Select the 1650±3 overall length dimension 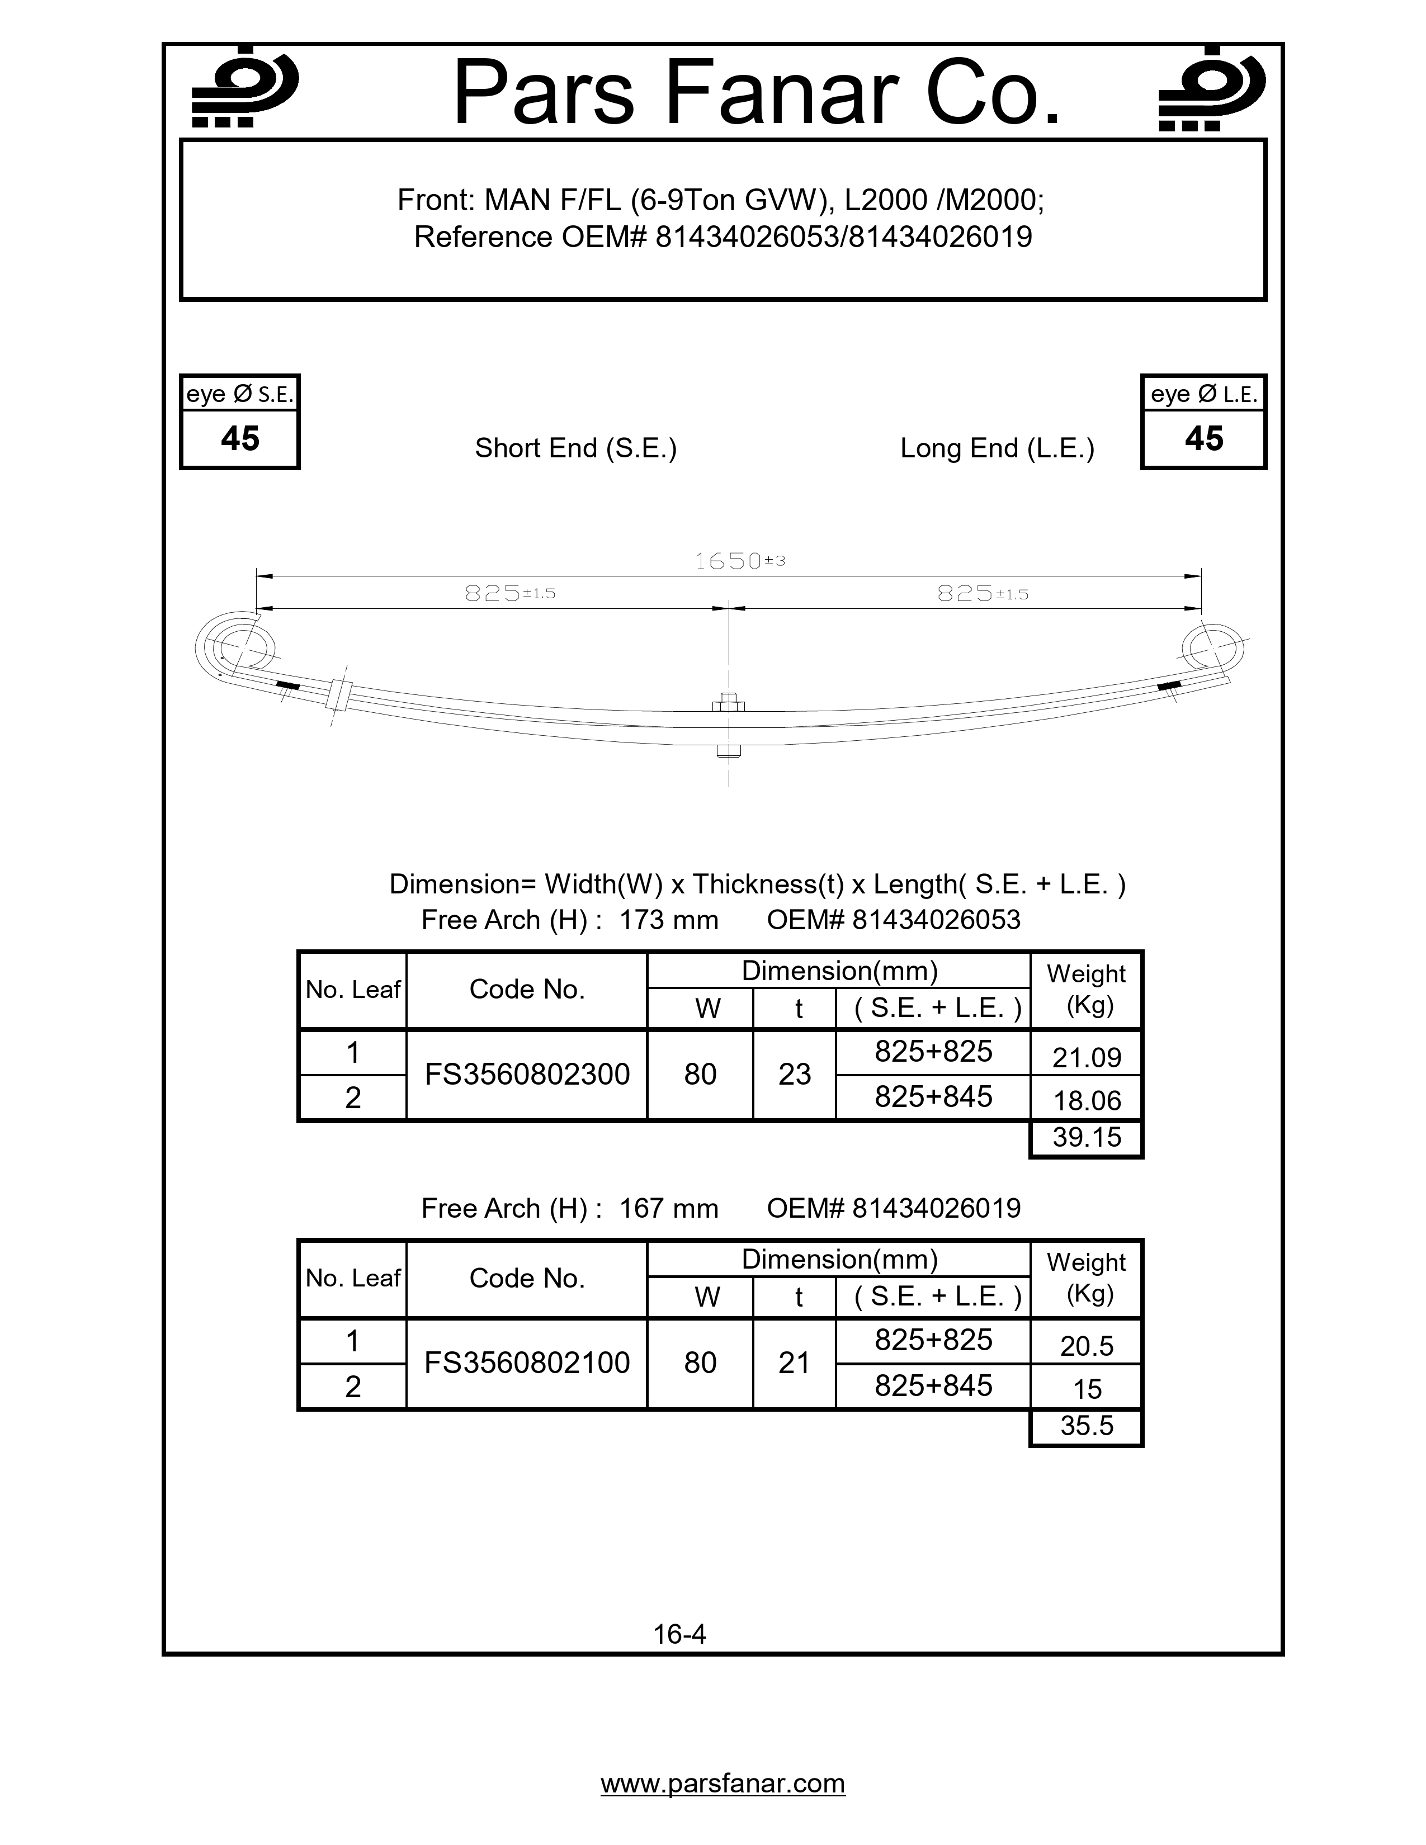click(x=739, y=561)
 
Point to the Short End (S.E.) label click(x=575, y=448)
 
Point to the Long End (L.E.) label click(x=997, y=448)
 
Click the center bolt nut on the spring click(x=728, y=702)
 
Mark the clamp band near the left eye click(x=339, y=694)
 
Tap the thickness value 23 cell click(x=794, y=1075)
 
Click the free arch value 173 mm click(x=668, y=920)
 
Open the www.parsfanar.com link click(x=723, y=1783)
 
